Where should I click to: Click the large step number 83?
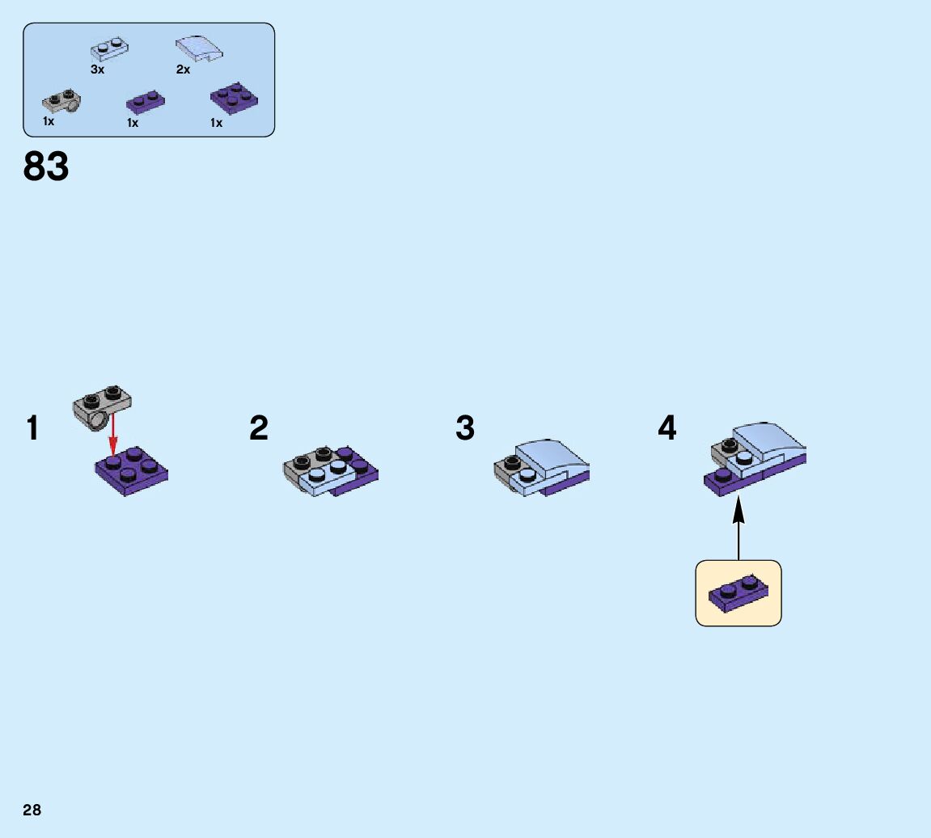(x=46, y=167)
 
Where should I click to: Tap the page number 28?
(x=32, y=810)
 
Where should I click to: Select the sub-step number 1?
(x=32, y=428)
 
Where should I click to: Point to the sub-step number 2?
(x=258, y=428)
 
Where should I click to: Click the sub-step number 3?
(x=464, y=428)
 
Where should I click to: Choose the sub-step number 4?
(x=667, y=428)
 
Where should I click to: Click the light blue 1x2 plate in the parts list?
(x=111, y=50)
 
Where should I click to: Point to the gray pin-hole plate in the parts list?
(x=61, y=101)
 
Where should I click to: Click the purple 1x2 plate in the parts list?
(x=146, y=103)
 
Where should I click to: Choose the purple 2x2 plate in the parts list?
(x=235, y=98)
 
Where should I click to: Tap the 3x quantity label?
(x=98, y=70)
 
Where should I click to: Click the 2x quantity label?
(x=184, y=70)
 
